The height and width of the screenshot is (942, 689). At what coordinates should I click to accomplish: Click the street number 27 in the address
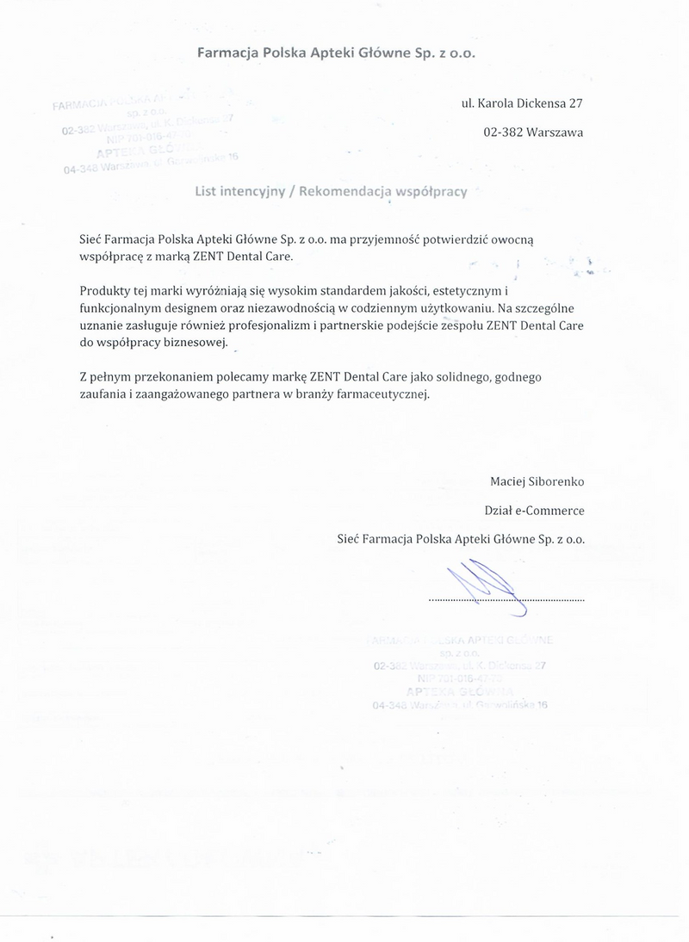575,103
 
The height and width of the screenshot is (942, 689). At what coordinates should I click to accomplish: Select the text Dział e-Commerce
534,511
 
